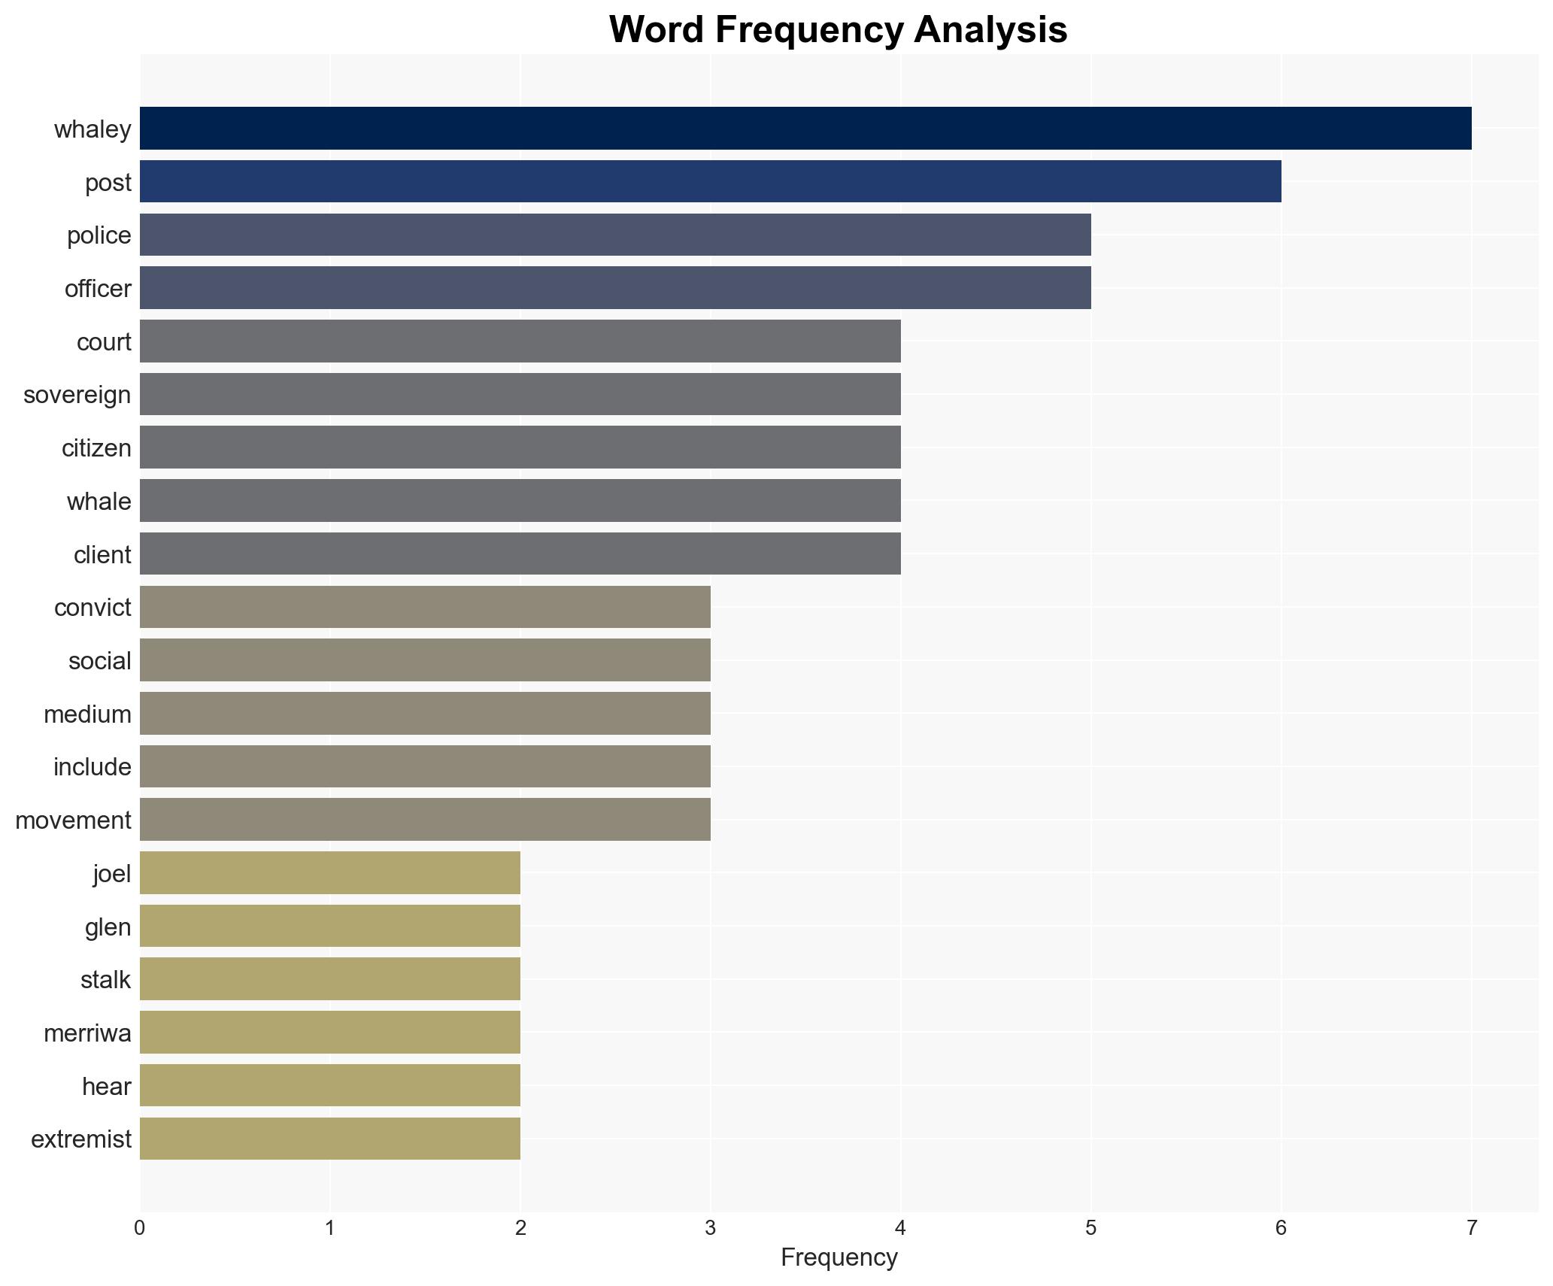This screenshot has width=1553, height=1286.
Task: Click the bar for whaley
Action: (805, 129)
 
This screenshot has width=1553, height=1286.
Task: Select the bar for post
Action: (710, 182)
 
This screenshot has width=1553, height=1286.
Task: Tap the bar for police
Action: (615, 235)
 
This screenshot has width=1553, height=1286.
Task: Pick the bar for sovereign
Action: (520, 394)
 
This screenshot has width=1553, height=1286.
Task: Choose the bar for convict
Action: (425, 607)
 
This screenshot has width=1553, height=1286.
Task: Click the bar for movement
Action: (425, 820)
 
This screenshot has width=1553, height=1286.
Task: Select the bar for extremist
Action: (329, 1139)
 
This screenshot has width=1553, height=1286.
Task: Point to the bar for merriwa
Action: (329, 1033)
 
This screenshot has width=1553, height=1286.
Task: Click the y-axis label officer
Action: (98, 289)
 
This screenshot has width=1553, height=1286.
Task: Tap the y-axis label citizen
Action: (96, 448)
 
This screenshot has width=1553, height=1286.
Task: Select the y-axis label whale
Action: (99, 502)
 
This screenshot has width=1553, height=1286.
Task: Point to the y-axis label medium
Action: (87, 714)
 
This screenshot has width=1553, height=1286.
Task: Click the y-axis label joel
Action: (112, 874)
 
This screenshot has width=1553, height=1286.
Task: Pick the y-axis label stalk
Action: (105, 980)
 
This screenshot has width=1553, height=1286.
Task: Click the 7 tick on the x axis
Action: (1471, 1228)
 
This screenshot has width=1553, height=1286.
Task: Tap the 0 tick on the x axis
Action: (140, 1228)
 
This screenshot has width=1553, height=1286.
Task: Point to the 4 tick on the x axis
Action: (900, 1228)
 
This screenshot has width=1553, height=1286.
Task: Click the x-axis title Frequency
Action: (839, 1257)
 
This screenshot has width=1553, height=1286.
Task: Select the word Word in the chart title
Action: (656, 30)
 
